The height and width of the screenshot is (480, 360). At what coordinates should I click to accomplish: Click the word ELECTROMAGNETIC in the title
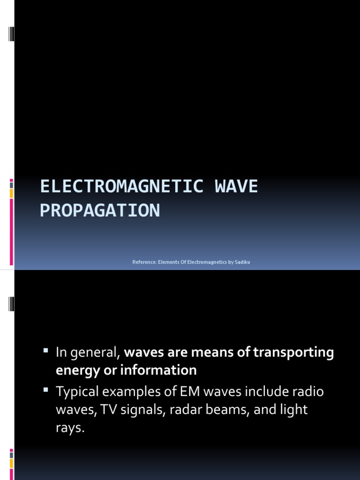121,187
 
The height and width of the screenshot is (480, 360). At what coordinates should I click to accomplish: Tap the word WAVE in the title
236,187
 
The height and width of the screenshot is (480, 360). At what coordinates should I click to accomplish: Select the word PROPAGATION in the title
100,211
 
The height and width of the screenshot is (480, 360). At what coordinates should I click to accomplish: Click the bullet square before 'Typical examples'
46,389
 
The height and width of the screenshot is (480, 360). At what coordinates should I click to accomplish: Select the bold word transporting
294,352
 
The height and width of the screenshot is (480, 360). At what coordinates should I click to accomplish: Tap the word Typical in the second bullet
77,391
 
